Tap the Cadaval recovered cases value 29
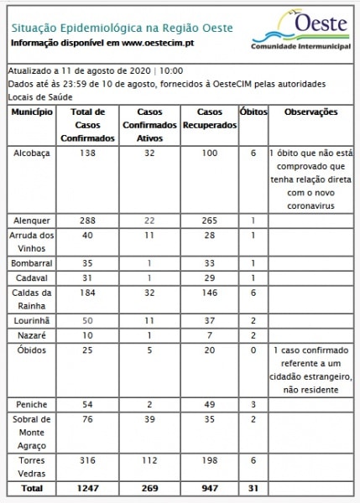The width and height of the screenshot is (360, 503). pyautogui.click(x=209, y=277)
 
